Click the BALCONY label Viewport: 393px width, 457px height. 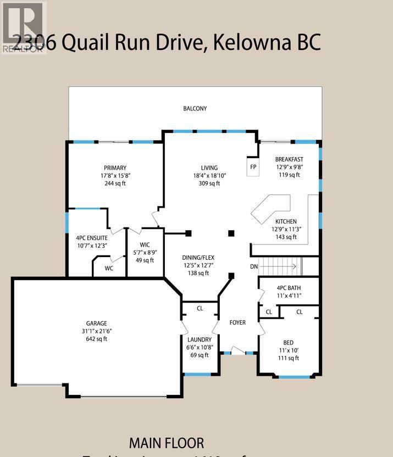(x=195, y=109)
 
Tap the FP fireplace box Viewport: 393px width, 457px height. (x=253, y=167)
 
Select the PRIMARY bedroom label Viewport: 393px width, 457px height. (x=115, y=168)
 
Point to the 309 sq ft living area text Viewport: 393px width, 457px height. (x=209, y=183)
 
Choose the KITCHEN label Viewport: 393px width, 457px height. (x=286, y=221)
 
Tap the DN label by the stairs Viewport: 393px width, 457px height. (x=253, y=266)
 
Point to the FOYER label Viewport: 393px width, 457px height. (x=237, y=322)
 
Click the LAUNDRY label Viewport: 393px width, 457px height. (x=200, y=339)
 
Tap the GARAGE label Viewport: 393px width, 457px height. (x=96, y=324)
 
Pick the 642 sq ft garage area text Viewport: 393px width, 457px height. (x=96, y=339)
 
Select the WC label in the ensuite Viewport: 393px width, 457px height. (x=109, y=269)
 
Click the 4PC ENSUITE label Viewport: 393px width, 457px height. (x=91, y=237)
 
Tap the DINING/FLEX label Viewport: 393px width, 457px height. (x=198, y=257)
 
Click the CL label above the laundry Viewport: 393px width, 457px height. (x=200, y=309)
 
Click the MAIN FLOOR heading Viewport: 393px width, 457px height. (x=166, y=443)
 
